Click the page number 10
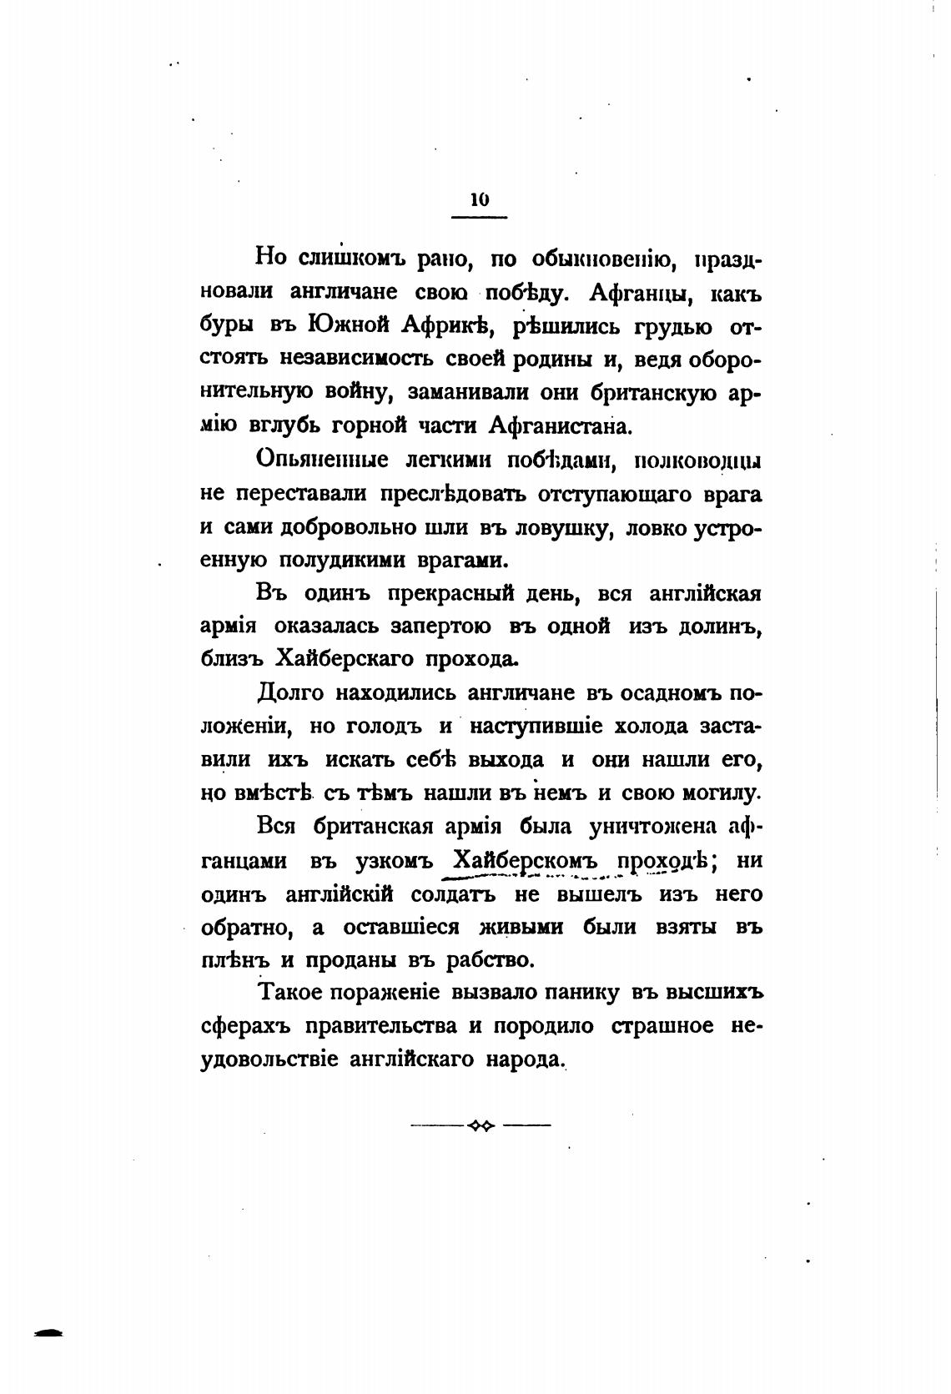[479, 199]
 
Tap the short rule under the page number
[479, 218]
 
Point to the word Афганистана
[559, 425]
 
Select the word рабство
[490, 959]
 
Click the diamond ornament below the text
[481, 1125]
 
